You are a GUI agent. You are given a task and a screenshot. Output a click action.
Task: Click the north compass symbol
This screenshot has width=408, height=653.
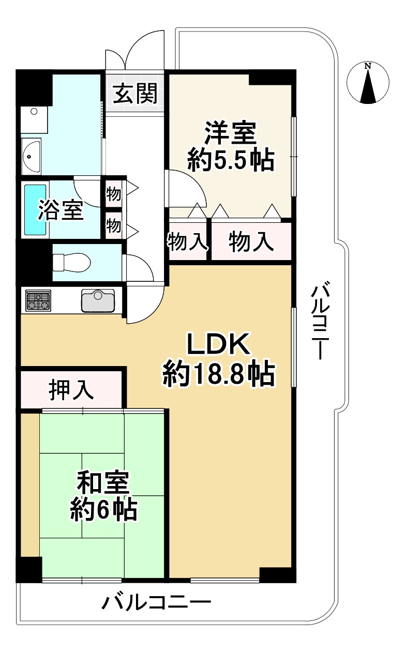pos(368,83)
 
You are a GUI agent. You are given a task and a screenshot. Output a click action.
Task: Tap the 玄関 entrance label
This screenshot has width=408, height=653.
pos(135,94)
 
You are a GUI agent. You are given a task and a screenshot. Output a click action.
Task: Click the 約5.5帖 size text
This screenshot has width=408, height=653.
pos(230,161)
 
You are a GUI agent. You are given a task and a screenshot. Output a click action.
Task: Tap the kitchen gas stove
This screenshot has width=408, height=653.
pos(38,301)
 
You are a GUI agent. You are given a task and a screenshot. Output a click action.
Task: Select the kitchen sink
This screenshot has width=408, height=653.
pos(98,300)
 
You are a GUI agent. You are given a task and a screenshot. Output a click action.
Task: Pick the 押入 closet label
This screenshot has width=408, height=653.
pos(71,390)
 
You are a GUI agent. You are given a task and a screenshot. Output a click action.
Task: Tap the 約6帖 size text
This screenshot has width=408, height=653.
pos(104,510)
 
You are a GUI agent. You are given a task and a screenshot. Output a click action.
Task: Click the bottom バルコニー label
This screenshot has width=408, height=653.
pos(156,603)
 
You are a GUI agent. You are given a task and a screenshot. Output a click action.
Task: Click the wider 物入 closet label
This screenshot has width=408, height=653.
pos(251,242)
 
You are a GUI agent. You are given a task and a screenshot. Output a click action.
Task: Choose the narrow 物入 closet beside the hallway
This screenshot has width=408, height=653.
pos(187,242)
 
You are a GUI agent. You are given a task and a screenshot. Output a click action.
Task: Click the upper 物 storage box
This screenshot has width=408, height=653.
pos(113,195)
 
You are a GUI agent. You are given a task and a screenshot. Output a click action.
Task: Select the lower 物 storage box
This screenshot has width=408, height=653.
pos(113,225)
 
